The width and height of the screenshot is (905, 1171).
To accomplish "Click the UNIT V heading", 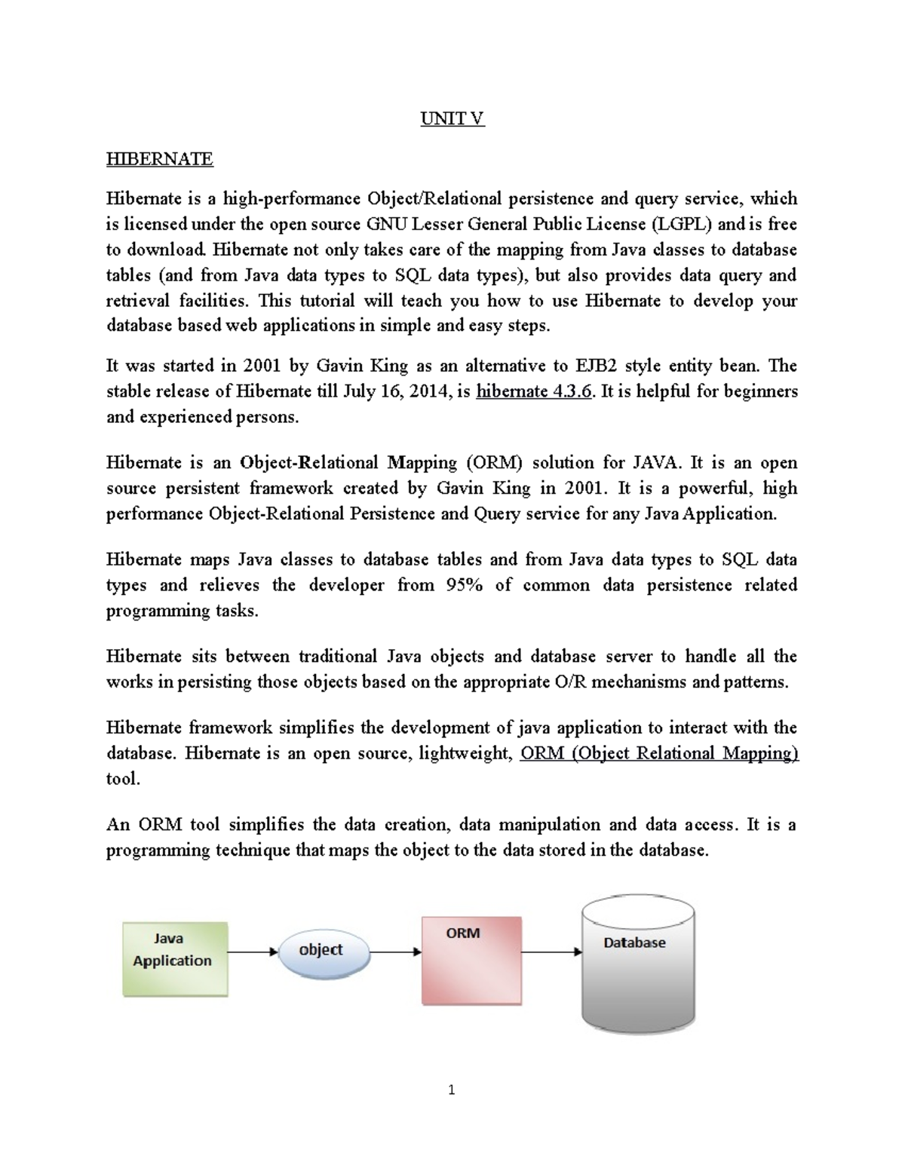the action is coord(452,118).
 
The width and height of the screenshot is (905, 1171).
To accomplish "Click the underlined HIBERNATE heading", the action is coord(159,158).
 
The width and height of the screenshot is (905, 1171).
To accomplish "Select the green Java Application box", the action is coord(175,959).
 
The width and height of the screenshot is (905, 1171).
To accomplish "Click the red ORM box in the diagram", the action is coord(471,961).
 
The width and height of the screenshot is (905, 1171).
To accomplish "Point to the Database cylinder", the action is coord(637,965).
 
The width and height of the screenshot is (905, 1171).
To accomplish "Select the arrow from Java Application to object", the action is coord(253,952).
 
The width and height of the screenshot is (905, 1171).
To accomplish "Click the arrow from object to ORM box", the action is coord(396,952).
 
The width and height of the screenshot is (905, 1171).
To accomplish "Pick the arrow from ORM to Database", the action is coord(551,952).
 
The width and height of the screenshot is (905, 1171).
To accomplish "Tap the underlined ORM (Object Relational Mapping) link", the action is coord(659,753).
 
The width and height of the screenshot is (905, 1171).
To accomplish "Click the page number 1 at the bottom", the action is coord(452,1090).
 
